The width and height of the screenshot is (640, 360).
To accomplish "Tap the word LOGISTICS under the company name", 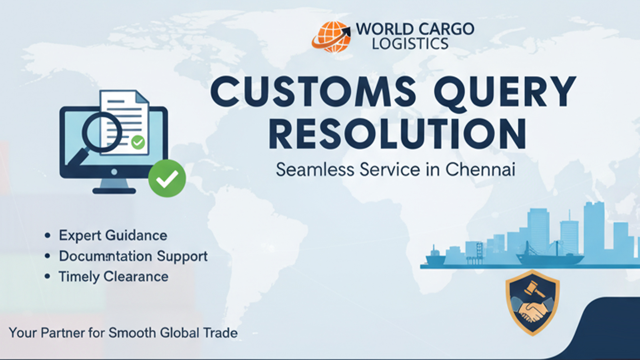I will coord(410,44).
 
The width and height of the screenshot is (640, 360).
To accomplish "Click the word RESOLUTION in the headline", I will coord(397,134).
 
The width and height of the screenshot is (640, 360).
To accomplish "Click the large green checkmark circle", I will coord(167,178).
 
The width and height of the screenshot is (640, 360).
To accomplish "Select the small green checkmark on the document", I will coord(138,142).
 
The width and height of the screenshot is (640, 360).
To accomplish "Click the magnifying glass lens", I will coord(102,132).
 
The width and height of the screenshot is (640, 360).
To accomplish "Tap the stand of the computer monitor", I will coord(114,185).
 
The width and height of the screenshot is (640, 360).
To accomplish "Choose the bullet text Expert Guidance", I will coord(113,236).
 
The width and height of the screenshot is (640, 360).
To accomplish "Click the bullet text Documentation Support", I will coord(133,256).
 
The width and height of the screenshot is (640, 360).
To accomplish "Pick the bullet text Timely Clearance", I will coord(114,277).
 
